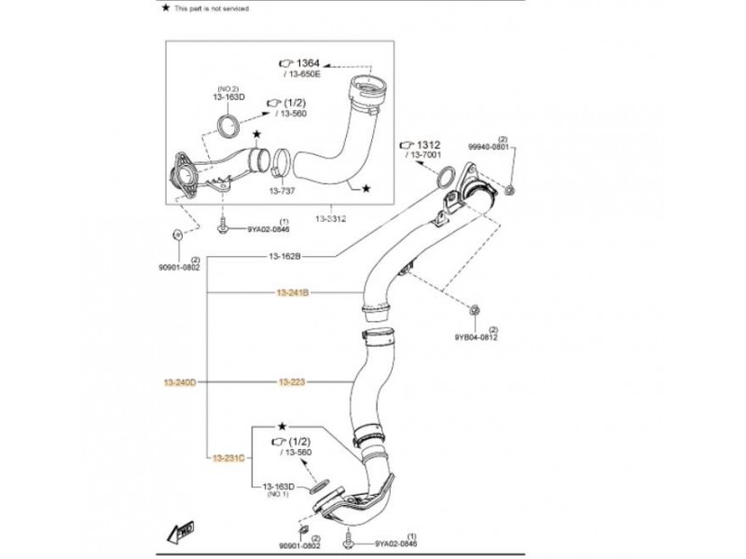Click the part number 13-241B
(292, 293)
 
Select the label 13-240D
(180, 382)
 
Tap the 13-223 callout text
(292, 382)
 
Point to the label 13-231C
(228, 457)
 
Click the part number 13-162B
(284, 255)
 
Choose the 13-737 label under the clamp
(282, 191)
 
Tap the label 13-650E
(304, 75)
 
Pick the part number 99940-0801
(488, 147)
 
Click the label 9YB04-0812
(476, 337)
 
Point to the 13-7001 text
(423, 157)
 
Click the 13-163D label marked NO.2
(228, 97)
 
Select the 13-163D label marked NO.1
(278, 487)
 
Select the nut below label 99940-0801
(511, 190)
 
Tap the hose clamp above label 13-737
(279, 169)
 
